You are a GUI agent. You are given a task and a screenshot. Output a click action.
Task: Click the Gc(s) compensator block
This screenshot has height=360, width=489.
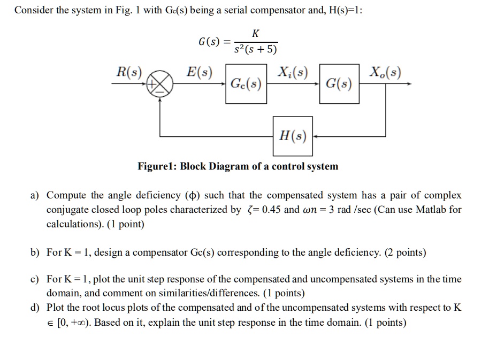pos(246,84)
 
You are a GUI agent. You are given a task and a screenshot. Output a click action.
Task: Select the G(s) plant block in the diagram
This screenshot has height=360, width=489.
pos(339,84)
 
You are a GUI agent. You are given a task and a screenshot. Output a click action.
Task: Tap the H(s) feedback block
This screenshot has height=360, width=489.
pos(293,136)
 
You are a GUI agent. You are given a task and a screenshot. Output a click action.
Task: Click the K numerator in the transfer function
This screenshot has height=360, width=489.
pos(255,33)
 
